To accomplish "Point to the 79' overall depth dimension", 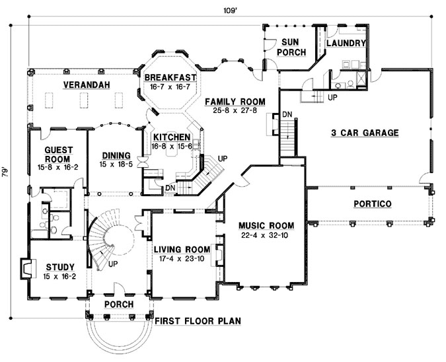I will [x=6, y=173].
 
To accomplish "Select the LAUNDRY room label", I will [x=346, y=43].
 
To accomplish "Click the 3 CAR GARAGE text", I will [x=365, y=133].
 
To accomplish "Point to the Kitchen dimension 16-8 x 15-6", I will [x=169, y=147].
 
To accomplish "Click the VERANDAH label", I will [x=87, y=85].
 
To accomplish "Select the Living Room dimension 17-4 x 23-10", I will [x=182, y=259].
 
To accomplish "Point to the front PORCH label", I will [x=120, y=305].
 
